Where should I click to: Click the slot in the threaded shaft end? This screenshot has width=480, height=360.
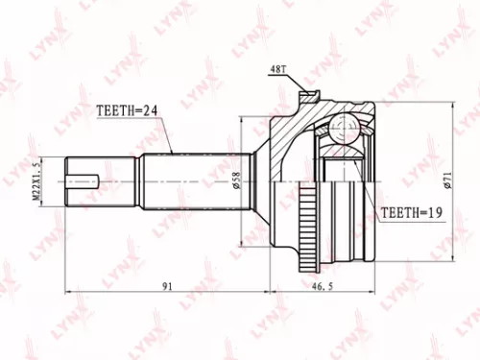(x=87, y=177)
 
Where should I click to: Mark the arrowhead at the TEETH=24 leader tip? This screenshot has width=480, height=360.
(x=170, y=153)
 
